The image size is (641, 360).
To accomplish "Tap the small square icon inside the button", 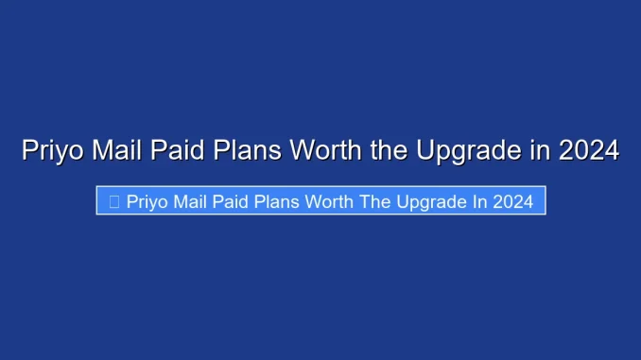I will click(114, 201).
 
